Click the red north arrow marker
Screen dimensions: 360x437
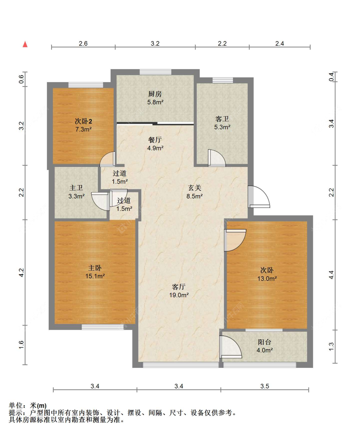click(25, 44)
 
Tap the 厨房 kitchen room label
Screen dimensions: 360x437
click(155, 94)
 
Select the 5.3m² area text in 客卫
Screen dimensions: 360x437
click(222, 127)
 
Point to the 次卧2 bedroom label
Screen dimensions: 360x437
click(83, 121)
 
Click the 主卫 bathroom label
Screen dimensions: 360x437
click(76, 188)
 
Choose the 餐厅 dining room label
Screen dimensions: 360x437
click(155, 139)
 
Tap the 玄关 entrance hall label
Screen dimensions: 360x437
click(195, 188)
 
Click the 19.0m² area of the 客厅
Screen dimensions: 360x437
click(179, 295)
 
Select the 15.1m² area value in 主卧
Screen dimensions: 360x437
click(95, 276)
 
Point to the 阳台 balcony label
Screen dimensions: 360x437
click(265, 342)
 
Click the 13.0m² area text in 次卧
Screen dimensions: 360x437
click(267, 279)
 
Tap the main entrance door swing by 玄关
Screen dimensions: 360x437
click(259, 196)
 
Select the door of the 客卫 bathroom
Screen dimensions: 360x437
click(217, 158)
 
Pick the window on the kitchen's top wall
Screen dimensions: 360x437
click(156, 72)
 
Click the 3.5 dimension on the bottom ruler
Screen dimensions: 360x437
click(265, 386)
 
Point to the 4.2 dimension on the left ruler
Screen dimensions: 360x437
click(21, 273)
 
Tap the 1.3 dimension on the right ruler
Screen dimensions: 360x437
click(331, 346)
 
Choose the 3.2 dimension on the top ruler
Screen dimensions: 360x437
click(155, 44)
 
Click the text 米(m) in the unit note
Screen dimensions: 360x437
click(38, 405)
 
